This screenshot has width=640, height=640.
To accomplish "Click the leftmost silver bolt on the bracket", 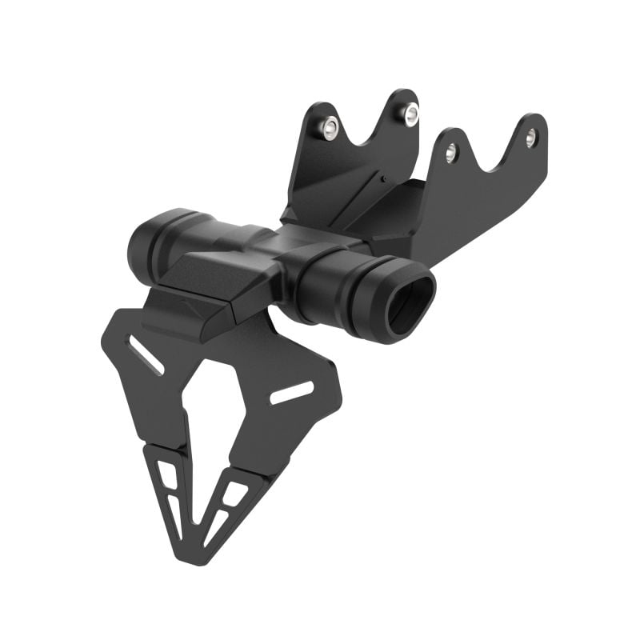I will point(330,126).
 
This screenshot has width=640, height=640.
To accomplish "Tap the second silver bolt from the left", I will point(410,114).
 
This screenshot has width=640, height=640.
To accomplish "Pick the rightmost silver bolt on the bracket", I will point(531,137).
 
